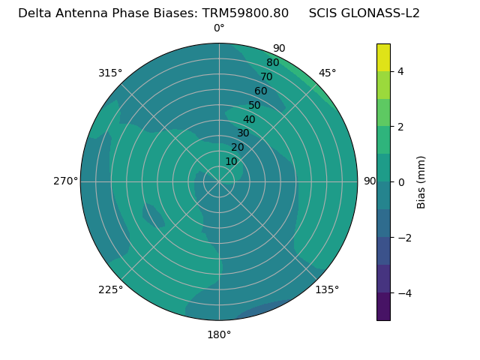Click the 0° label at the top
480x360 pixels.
(x=219, y=28)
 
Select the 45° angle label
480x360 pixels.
(x=327, y=73)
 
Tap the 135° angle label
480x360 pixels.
(x=327, y=289)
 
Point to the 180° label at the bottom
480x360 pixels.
(x=219, y=334)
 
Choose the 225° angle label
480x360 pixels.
(x=110, y=289)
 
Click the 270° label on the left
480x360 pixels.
(x=65, y=181)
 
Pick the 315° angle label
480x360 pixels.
(x=110, y=73)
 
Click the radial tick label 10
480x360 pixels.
(x=231, y=161)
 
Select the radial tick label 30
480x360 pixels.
(x=243, y=133)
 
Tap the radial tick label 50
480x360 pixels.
(x=254, y=105)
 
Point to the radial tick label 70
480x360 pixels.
(x=266, y=77)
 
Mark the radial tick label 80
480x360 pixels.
(x=272, y=63)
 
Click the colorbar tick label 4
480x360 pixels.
(x=401, y=71)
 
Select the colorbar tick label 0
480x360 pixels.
(x=401, y=181)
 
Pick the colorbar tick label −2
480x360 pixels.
(x=403, y=237)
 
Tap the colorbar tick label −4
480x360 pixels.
(x=403, y=292)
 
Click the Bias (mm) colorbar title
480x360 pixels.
(x=421, y=181)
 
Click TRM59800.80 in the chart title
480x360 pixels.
(x=245, y=13)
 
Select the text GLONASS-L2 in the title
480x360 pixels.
(x=381, y=13)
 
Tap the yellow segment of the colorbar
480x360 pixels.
(x=383, y=57)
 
